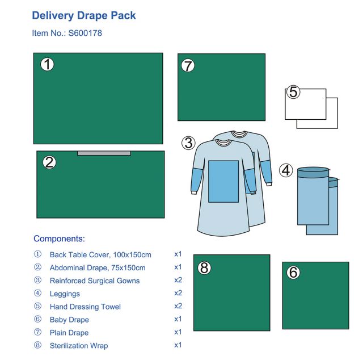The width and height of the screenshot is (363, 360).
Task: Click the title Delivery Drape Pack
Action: coord(84,16)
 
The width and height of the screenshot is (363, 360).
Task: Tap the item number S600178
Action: coord(85,33)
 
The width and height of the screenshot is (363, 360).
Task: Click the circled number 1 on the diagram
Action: coord(47,64)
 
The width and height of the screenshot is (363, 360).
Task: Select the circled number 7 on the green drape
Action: coord(188,65)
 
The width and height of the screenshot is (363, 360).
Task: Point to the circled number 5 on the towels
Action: coord(293,92)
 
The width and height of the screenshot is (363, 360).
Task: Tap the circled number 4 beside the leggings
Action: coord(286,170)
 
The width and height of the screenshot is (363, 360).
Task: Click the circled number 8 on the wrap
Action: coord(204,268)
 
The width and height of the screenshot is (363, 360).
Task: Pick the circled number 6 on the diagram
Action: coord(293,272)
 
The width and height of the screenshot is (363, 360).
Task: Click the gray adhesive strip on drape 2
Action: coord(104,153)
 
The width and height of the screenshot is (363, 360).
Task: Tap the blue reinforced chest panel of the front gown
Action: coord(223,181)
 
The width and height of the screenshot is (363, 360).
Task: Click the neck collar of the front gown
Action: coord(223,143)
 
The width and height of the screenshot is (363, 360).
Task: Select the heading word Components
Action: coord(59,238)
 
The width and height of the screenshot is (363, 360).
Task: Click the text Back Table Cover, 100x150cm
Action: coord(100,255)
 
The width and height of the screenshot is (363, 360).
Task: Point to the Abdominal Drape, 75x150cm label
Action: coord(98,268)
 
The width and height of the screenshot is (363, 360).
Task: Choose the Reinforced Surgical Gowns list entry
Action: coord(95,281)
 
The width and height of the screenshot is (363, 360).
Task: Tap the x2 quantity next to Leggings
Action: coord(178,293)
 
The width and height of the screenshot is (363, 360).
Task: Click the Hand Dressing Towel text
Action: coord(85,307)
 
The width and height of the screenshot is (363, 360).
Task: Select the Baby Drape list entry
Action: coord(69,320)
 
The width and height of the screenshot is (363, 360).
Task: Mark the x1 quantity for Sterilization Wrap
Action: coord(178,345)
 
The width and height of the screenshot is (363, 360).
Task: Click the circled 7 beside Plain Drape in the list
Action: coord(37,332)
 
